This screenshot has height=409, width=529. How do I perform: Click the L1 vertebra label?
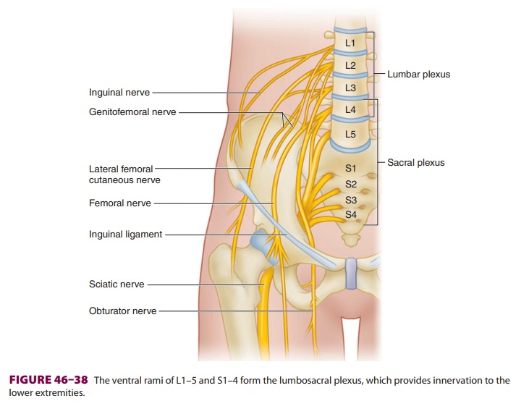(350, 43)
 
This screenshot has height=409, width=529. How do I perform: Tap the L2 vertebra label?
(350, 65)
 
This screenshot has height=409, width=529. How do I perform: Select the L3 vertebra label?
(350, 88)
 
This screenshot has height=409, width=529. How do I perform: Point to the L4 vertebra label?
(350, 110)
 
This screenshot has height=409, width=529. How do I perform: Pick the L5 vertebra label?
(350, 134)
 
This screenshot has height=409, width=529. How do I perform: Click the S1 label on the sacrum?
(350, 169)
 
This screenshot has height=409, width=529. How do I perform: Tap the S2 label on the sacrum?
(350, 185)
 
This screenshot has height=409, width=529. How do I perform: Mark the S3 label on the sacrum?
(350, 200)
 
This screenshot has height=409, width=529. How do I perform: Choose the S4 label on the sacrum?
(350, 214)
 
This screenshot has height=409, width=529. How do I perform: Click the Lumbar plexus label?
(418, 75)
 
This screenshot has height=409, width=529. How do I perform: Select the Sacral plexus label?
(416, 163)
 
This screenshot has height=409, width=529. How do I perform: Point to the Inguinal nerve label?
(119, 93)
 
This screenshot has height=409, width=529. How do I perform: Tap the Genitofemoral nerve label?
(132, 112)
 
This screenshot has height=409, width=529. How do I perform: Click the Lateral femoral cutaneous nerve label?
(124, 174)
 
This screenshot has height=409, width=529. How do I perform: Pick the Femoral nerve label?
(120, 203)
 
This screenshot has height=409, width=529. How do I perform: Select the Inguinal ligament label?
(125, 235)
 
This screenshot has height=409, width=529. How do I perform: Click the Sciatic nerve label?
(117, 284)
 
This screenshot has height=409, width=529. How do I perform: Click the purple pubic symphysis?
(352, 274)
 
